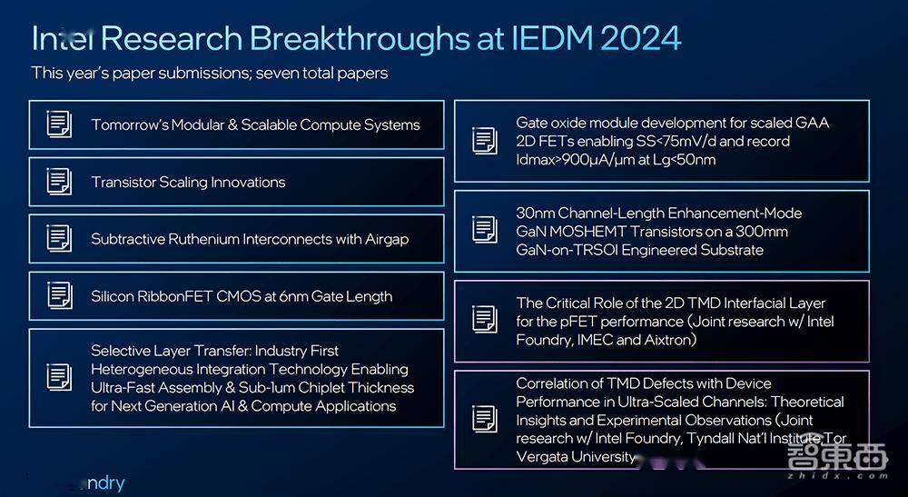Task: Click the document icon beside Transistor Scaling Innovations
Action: [x=59, y=182]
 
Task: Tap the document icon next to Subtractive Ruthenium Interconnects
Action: [x=59, y=239]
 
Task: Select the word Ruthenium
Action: [x=204, y=239]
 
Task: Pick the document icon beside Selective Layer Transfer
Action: [x=59, y=378]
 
